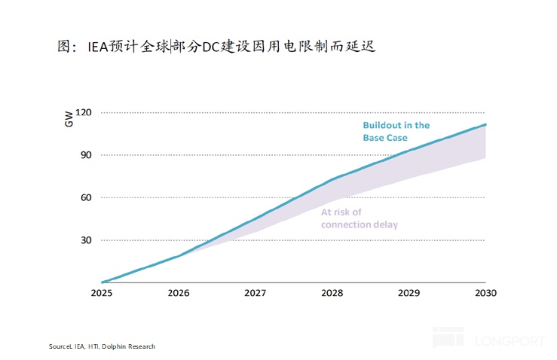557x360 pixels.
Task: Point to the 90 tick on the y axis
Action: (x=84, y=155)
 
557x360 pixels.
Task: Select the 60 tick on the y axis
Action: (x=84, y=197)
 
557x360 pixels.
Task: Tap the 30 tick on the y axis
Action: (x=84, y=240)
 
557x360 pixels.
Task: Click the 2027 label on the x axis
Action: (x=254, y=293)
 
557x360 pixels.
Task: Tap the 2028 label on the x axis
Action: (x=331, y=293)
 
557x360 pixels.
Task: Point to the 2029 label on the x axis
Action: (x=409, y=293)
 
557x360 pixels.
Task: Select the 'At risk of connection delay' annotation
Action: (x=359, y=218)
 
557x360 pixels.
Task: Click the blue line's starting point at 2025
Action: (x=101, y=282)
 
